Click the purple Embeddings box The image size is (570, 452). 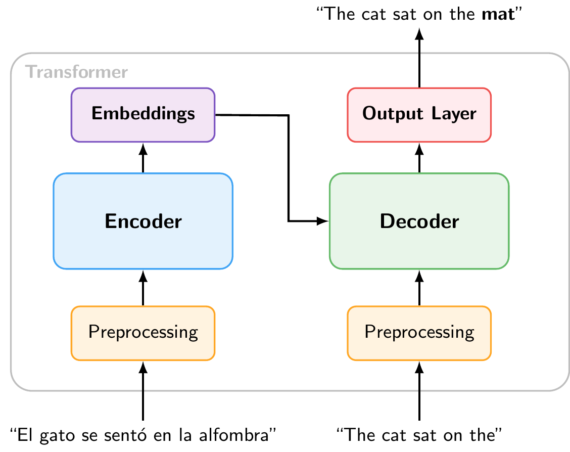pyautogui.click(x=143, y=115)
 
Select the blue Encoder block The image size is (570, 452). pyautogui.click(x=143, y=221)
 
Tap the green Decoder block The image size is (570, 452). pyautogui.click(x=419, y=221)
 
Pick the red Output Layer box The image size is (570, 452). pyautogui.click(x=419, y=115)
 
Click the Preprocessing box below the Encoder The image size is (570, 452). pyautogui.click(x=143, y=333)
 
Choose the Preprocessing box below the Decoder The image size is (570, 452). pyautogui.click(x=419, y=333)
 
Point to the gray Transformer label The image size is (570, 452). pyautogui.click(x=76, y=72)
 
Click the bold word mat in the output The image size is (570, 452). pyautogui.click(x=498, y=13)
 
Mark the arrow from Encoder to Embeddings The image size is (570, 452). pyautogui.click(x=143, y=158)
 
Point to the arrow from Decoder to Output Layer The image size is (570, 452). pyautogui.click(x=419, y=158)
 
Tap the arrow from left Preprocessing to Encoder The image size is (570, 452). pyautogui.click(x=143, y=288)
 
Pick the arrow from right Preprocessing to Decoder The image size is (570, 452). pyautogui.click(x=419, y=288)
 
